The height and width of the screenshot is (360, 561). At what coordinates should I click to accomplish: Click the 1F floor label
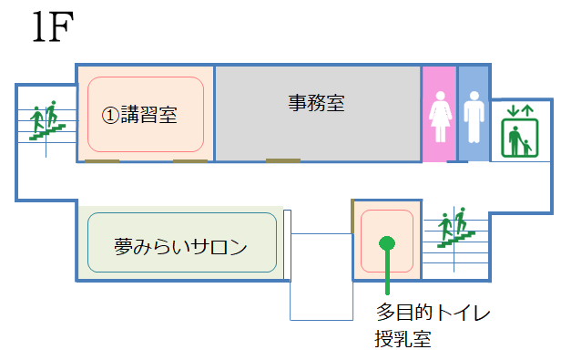pyautogui.click(x=54, y=29)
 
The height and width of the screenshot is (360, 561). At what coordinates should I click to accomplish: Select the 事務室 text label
pyautogui.click(x=316, y=103)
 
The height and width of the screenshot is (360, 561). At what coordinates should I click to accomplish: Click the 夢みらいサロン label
pyautogui.click(x=181, y=246)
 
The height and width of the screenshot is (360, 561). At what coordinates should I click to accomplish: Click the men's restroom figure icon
pyautogui.click(x=473, y=119)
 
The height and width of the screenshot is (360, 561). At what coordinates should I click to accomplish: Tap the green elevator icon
pyautogui.click(x=521, y=130)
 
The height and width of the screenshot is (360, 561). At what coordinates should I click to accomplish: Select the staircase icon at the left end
pyautogui.click(x=44, y=121)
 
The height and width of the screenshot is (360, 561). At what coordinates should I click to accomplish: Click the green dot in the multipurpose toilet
pyautogui.click(x=387, y=242)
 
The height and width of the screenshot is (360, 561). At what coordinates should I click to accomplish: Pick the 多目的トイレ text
pyautogui.click(x=433, y=313)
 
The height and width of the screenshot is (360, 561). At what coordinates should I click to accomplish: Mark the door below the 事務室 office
pyautogui.click(x=283, y=161)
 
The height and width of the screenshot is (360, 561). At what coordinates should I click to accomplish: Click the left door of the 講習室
pyautogui.click(x=102, y=161)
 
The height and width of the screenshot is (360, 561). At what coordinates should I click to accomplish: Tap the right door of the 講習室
pyautogui.click(x=190, y=161)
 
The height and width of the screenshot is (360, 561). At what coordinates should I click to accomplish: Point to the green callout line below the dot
pyautogui.click(x=387, y=273)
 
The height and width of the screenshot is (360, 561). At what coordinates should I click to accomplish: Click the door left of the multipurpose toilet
pyautogui.click(x=352, y=215)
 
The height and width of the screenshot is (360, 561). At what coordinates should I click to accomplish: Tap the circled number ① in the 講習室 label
pyautogui.click(x=108, y=116)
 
